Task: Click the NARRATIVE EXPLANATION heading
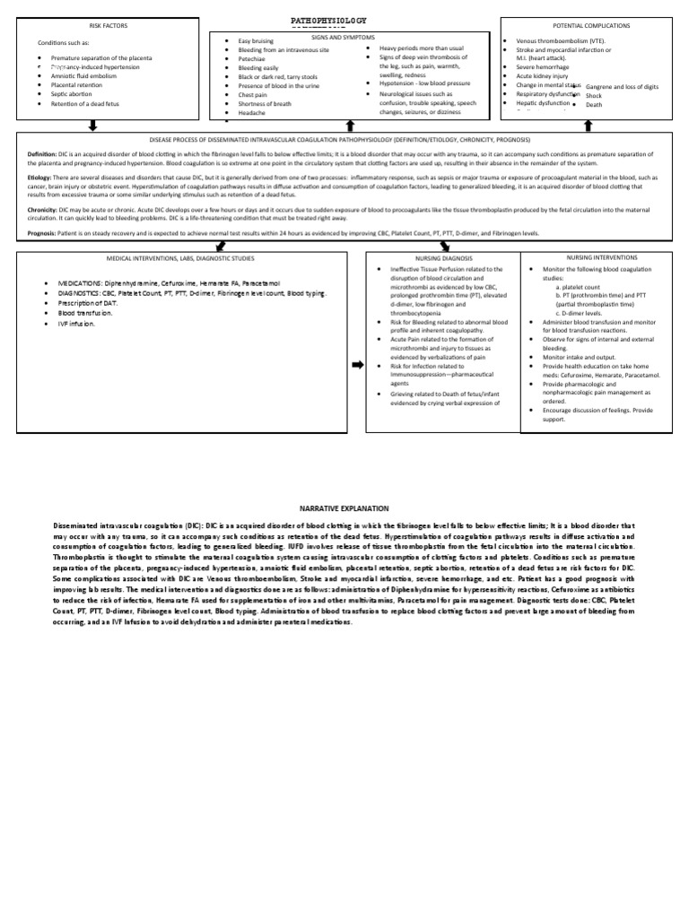pyautogui.click(x=344, y=507)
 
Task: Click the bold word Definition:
pyautogui.click(x=45, y=152)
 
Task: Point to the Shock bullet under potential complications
pyautogui.click(x=594, y=95)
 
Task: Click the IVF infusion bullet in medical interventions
pyautogui.click(x=78, y=325)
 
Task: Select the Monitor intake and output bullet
pyautogui.click(x=584, y=358)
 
